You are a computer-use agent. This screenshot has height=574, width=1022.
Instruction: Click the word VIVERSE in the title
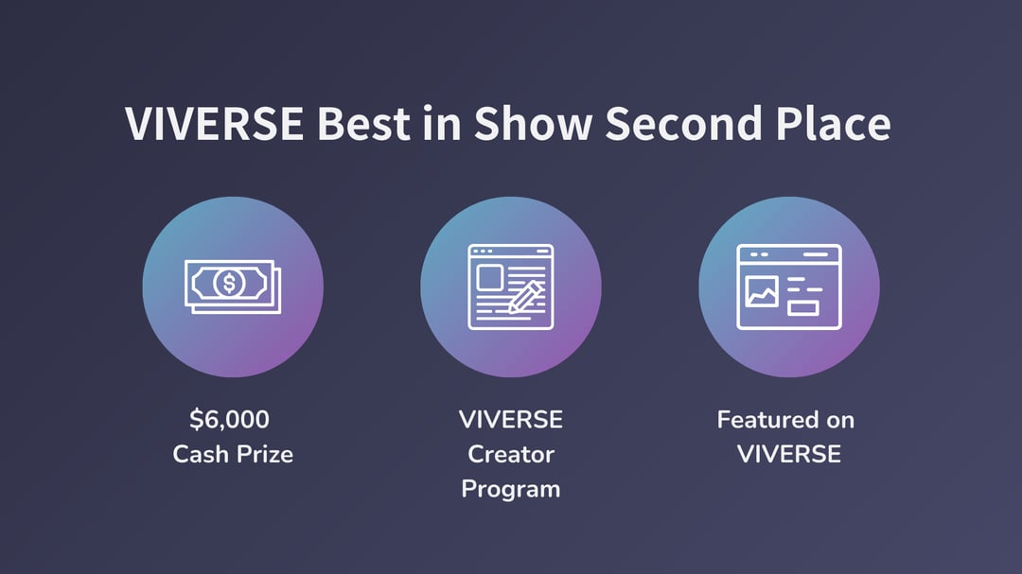215,123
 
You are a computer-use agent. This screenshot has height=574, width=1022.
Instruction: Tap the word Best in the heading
363,123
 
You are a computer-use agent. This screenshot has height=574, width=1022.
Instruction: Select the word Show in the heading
533,123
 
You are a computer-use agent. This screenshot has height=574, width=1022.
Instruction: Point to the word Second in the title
684,123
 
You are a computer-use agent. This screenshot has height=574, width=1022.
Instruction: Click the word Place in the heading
834,123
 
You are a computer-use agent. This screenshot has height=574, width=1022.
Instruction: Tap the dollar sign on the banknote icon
229,284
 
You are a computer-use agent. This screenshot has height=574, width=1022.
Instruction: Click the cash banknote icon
233,287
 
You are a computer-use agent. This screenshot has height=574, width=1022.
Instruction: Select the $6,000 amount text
229,420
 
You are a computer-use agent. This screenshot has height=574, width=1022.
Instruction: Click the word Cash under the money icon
201,454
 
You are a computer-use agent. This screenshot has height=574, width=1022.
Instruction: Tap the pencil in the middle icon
524,297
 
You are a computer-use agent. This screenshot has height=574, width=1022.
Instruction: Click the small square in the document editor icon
489,278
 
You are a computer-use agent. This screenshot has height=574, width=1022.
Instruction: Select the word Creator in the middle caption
511,454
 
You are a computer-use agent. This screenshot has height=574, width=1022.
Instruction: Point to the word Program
511,490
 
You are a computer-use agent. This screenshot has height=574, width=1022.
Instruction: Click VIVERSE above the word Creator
511,420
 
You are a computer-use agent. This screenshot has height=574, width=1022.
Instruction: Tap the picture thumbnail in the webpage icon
761,291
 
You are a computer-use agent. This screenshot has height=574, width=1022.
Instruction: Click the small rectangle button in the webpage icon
803,307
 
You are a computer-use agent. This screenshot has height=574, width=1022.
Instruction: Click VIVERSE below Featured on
788,454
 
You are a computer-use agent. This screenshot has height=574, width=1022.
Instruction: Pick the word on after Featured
840,421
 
